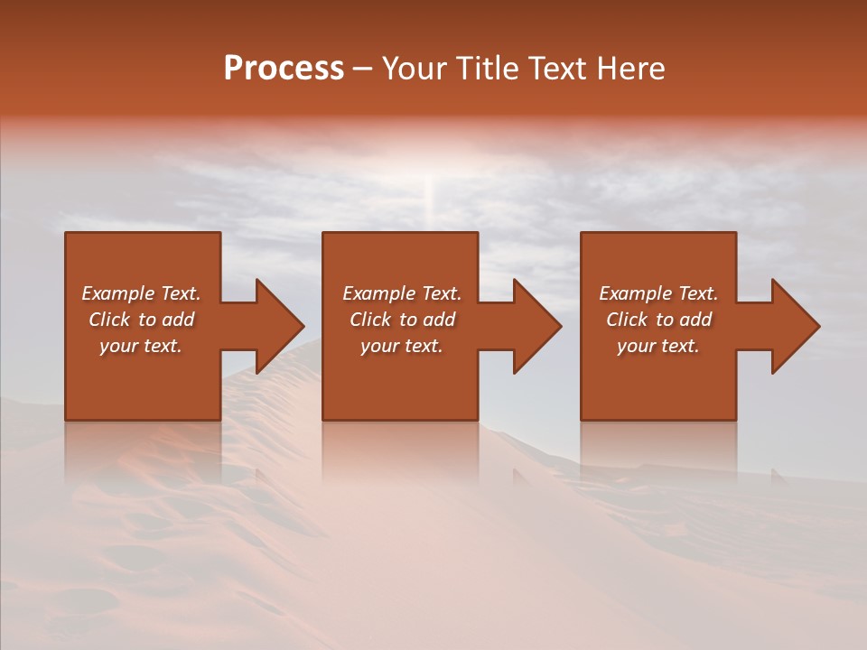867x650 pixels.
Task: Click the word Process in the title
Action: point(284,69)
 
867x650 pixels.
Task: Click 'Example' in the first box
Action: point(118,293)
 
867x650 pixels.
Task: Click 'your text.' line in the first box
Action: point(141,346)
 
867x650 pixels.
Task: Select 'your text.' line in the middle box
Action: point(402,346)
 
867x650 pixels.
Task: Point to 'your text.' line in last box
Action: point(658,346)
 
